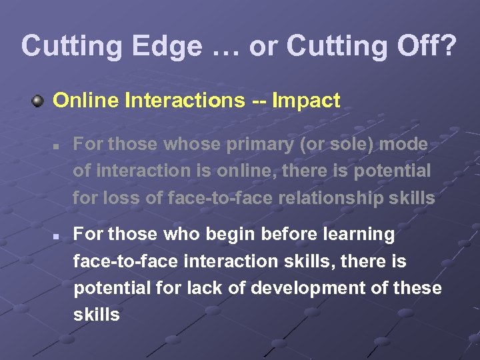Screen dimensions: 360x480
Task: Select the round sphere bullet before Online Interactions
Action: coord(39,101)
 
